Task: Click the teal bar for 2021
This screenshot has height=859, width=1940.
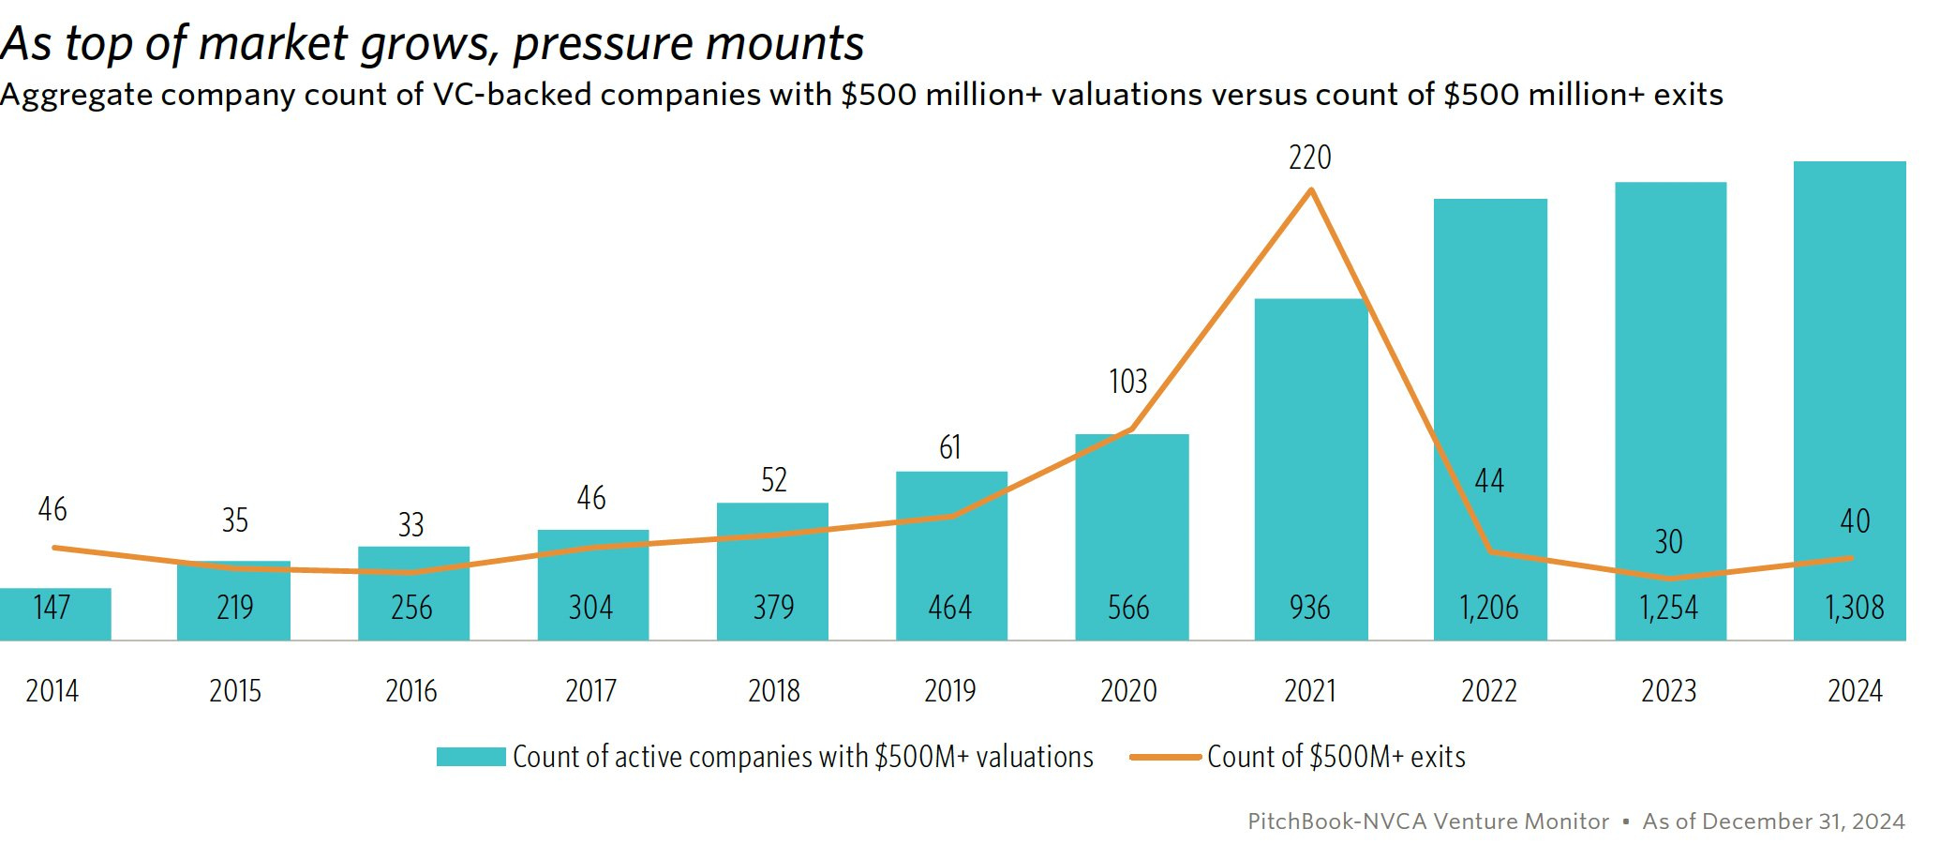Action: pos(1310,469)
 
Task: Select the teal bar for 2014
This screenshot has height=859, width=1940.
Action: pos(54,614)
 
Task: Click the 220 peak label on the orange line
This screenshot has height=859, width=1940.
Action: pos(1309,158)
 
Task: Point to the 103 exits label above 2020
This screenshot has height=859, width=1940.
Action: pos(1127,382)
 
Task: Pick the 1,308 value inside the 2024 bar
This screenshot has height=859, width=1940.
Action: pos(1854,608)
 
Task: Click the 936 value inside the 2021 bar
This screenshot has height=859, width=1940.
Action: pos(1309,608)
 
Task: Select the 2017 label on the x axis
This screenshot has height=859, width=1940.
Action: pos(590,691)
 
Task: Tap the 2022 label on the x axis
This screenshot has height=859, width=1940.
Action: pos(1488,691)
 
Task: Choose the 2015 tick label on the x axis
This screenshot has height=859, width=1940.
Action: pos(234,691)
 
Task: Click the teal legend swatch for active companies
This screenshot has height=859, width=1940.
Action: pos(470,757)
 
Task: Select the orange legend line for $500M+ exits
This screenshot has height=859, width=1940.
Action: pos(1165,757)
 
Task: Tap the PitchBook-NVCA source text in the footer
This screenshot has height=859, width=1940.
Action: pos(1427,821)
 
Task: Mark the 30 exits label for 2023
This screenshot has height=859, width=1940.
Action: pos(1668,542)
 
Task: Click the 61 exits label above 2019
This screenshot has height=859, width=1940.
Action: pos(950,447)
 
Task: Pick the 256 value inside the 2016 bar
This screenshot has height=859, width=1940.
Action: pos(411,608)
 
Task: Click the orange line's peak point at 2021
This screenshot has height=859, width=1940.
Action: pos(1310,190)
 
